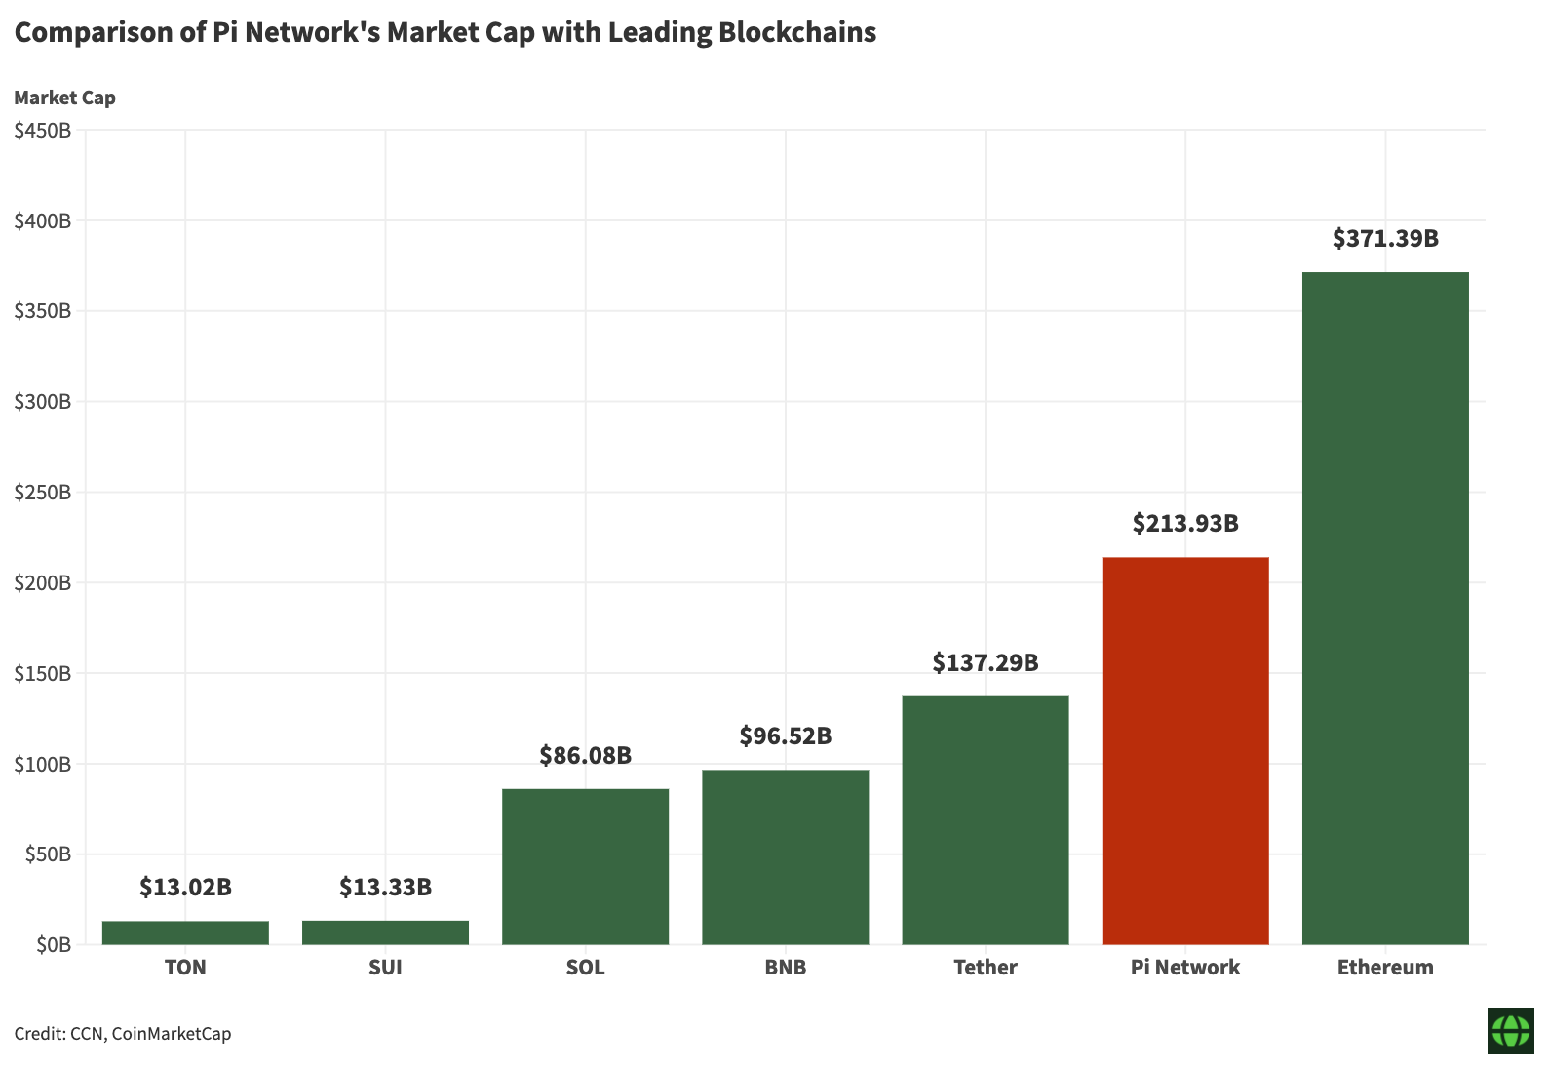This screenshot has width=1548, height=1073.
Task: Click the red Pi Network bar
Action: click(1184, 750)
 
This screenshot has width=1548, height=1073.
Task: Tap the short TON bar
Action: click(185, 933)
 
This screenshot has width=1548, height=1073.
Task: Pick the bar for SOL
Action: click(585, 866)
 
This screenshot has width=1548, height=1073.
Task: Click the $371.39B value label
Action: click(1384, 238)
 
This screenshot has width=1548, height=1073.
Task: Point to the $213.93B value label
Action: click(1184, 523)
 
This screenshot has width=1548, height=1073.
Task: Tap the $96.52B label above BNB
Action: click(785, 735)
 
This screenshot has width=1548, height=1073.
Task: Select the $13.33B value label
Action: click(385, 887)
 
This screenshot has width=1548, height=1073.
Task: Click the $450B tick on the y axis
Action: click(43, 131)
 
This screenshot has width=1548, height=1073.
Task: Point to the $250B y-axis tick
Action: click(43, 493)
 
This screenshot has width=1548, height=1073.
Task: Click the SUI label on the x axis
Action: click(385, 968)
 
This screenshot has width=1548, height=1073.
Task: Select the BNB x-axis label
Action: click(785, 968)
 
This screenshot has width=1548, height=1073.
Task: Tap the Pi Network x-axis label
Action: click(1184, 968)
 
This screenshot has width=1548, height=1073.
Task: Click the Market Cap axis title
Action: click(64, 98)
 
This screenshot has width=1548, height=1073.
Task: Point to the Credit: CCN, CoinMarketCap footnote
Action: click(123, 1033)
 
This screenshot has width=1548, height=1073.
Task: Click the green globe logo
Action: click(1510, 1031)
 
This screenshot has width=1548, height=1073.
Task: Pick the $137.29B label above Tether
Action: click(985, 662)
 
